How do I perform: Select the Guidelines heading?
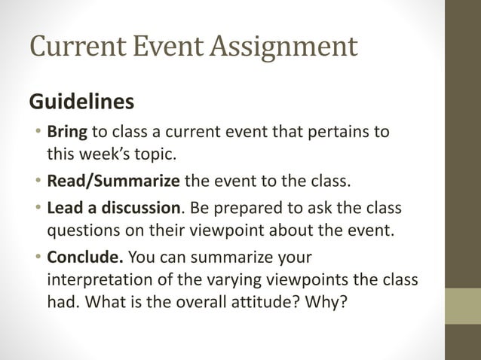(81, 101)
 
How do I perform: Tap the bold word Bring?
(67, 133)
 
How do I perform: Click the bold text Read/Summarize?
(114, 181)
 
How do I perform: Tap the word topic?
(155, 156)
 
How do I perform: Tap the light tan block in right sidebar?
(463, 306)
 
